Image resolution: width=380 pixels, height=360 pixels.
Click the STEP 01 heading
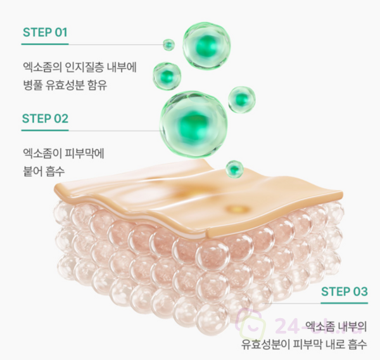click(x=45, y=32)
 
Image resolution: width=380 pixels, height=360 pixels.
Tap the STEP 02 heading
click(x=45, y=119)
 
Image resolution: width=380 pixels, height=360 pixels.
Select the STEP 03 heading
click(x=345, y=292)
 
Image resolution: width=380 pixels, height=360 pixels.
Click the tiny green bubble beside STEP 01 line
click(x=168, y=44)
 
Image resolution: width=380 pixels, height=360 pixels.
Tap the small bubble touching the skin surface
click(x=234, y=169)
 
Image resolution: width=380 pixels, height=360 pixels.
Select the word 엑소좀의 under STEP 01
click(x=42, y=67)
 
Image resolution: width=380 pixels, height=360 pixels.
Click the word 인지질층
click(x=84, y=67)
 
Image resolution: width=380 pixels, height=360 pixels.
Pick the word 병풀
click(x=32, y=85)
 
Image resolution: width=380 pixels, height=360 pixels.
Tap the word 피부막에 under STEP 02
click(x=85, y=153)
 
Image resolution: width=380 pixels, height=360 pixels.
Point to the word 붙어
click(x=32, y=171)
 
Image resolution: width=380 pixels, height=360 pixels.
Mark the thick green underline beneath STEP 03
click(x=345, y=303)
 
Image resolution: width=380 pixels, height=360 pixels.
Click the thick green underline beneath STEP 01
click(x=45, y=44)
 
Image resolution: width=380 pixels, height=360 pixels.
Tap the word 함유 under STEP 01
click(x=98, y=85)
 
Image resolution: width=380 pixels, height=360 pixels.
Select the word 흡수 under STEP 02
click(x=55, y=171)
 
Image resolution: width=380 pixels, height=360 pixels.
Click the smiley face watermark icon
click(x=251, y=325)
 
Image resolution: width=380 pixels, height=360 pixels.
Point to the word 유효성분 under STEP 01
click(x=65, y=85)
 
